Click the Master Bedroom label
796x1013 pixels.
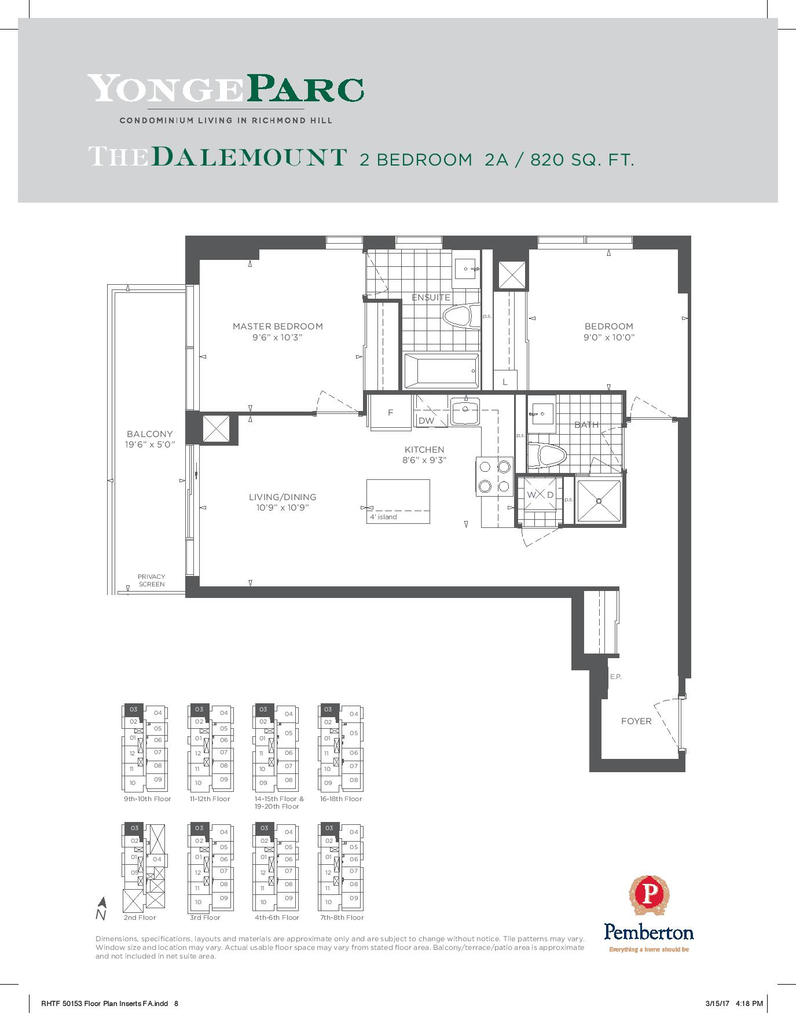[x=277, y=326]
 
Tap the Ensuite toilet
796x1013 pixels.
[x=462, y=317]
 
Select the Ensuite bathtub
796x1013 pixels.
[x=441, y=371]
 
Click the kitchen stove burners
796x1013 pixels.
[x=494, y=476]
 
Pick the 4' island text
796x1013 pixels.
[x=383, y=517]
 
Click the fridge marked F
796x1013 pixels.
[x=391, y=412]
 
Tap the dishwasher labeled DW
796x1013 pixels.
[x=426, y=421]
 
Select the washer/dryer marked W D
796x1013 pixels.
[x=540, y=495]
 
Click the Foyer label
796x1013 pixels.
[x=636, y=721]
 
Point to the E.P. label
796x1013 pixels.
[x=615, y=677]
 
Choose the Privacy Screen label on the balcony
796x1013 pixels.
[x=152, y=581]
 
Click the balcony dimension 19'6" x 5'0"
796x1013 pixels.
[x=150, y=445]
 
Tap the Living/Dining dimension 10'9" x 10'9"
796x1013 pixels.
[x=283, y=508]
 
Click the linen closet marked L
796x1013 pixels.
[x=505, y=381]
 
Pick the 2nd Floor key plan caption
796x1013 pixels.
[x=140, y=917]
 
